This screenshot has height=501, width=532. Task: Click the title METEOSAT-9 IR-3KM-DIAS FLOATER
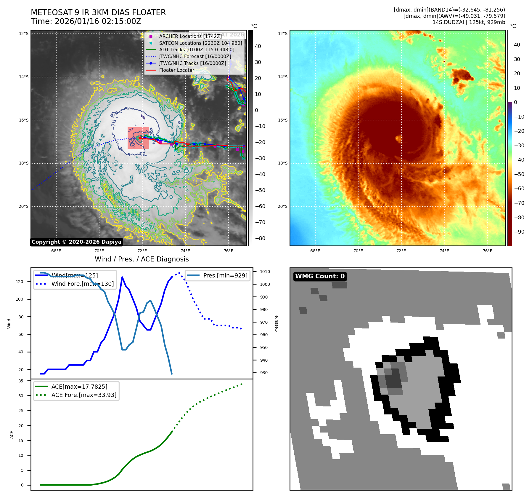click(x=98, y=12)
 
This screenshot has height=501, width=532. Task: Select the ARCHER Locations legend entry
click(x=190, y=36)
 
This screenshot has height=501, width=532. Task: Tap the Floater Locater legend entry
click(x=176, y=70)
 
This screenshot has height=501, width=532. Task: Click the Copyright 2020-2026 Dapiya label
click(x=76, y=242)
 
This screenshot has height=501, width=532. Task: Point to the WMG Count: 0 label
click(x=320, y=276)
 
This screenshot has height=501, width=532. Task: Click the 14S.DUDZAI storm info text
click(x=469, y=22)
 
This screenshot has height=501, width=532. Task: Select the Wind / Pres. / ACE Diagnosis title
click(x=142, y=259)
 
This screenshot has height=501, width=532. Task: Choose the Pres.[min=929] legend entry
click(x=225, y=275)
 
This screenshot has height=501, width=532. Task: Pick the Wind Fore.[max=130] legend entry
click(x=82, y=284)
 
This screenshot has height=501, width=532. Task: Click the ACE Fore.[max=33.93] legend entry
click(x=84, y=395)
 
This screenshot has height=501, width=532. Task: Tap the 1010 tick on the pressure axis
click(x=265, y=272)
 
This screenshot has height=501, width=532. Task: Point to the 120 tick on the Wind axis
click(x=20, y=282)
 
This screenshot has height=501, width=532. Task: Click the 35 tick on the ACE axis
click(x=21, y=381)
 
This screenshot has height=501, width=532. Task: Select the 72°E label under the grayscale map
click(x=142, y=251)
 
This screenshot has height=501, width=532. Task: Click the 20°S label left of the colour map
click(x=282, y=206)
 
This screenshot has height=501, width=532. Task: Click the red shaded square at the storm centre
click(x=138, y=138)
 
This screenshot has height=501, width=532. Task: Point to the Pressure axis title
click(x=276, y=324)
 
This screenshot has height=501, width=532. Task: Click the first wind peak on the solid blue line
click(x=122, y=277)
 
